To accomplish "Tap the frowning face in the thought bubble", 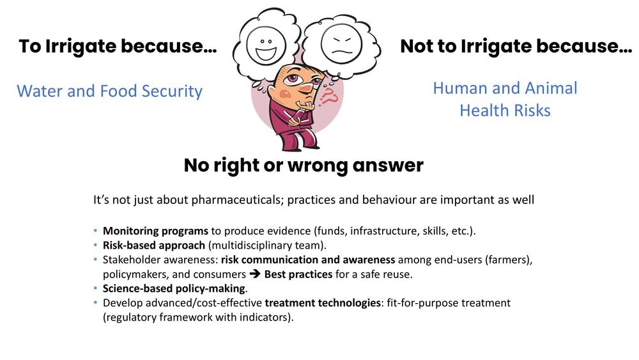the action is (x=341, y=43).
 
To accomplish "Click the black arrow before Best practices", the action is (x=255, y=274).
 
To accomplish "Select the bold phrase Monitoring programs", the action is (x=155, y=231).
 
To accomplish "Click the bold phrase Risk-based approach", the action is (x=153, y=246).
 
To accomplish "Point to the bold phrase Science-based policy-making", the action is (x=174, y=288).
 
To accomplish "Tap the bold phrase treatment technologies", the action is (x=323, y=303).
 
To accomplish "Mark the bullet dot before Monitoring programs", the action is (x=95, y=231).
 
